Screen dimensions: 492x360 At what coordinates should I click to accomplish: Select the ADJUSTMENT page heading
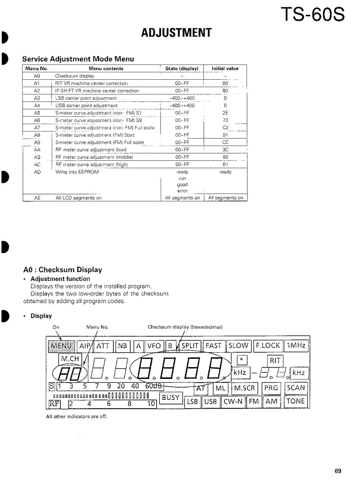pos(176,33)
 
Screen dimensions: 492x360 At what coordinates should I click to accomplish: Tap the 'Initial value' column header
pos(225,69)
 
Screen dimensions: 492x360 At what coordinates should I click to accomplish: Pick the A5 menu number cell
pos(37,113)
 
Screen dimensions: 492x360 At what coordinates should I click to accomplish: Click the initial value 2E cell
pos(225,113)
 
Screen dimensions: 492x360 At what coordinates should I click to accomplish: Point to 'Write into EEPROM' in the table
pos(77,172)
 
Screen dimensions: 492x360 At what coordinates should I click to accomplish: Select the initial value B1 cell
pos(225,164)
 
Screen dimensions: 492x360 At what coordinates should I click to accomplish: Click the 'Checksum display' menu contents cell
pos(75,76)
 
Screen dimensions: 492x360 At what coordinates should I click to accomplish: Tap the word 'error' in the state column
pos(182,191)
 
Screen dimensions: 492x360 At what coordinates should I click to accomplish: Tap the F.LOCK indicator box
pos(268,346)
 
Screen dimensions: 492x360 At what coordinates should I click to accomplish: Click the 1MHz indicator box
pos(296,346)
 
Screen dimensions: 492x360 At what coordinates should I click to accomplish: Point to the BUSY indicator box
pos(171,397)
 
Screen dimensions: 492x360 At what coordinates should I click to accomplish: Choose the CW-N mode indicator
pos(233,402)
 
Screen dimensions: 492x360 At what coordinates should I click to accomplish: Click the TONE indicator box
pos(295,402)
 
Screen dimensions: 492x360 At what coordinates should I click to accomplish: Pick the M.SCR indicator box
pos(245,388)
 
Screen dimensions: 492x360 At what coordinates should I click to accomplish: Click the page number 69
pos(338,471)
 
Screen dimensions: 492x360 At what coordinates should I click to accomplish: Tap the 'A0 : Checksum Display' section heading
pos(62,270)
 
